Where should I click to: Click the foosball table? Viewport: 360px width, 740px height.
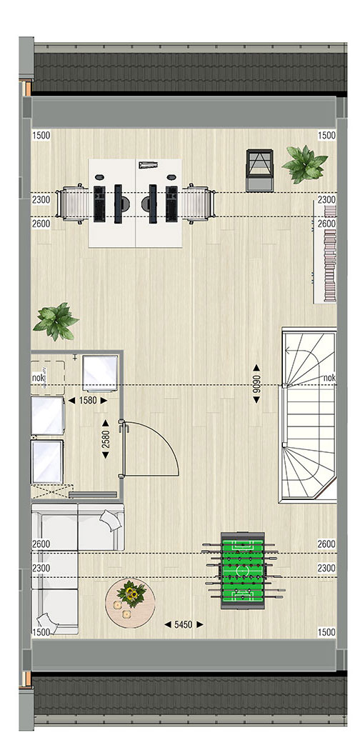pyautogui.click(x=243, y=571)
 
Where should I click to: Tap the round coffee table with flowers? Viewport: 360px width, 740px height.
pyautogui.click(x=130, y=603)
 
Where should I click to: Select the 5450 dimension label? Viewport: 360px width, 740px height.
pyautogui.click(x=184, y=624)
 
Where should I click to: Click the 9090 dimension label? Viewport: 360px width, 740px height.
pyautogui.click(x=256, y=384)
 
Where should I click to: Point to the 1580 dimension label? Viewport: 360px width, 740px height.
pyautogui.click(x=88, y=401)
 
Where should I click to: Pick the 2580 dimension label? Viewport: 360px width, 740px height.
pyautogui.click(x=106, y=439)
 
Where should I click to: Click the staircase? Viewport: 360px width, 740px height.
pyautogui.click(x=309, y=415)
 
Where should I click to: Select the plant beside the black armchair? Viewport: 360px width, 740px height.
pyautogui.click(x=304, y=164)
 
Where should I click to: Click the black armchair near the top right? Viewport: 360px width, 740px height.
pyautogui.click(x=259, y=170)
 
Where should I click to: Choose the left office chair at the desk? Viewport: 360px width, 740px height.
pyautogui.click(x=73, y=202)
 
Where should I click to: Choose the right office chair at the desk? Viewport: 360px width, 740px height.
pyautogui.click(x=198, y=204)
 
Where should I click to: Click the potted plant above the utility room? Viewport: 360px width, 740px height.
pyautogui.click(x=56, y=322)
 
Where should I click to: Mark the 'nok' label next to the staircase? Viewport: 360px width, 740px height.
pyautogui.click(x=329, y=378)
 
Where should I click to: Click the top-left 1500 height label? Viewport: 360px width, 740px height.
pyautogui.click(x=41, y=136)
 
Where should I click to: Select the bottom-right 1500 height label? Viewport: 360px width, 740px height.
pyautogui.click(x=326, y=632)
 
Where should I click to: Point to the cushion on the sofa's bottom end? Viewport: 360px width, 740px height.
pyautogui.click(x=49, y=623)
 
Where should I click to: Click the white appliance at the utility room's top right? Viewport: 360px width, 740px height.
pyautogui.click(x=100, y=374)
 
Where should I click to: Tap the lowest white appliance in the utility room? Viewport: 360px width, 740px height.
pyautogui.click(x=47, y=462)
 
